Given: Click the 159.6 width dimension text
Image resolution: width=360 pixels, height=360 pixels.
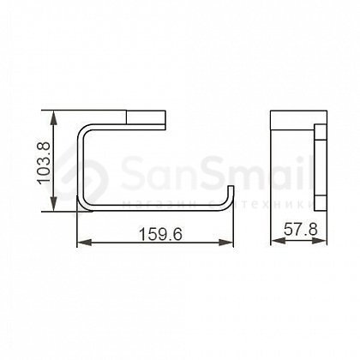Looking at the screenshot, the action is pyautogui.click(x=160, y=234).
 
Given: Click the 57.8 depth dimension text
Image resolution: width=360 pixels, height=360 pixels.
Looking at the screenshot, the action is pyautogui.click(x=301, y=230).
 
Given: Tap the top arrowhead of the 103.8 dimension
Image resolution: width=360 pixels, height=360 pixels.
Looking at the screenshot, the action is pyautogui.click(x=53, y=117).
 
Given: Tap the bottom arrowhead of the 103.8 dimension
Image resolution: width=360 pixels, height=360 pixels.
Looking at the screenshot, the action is pyautogui.click(x=53, y=204).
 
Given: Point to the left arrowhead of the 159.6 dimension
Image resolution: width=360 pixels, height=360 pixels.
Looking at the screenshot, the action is pyautogui.click(x=84, y=243).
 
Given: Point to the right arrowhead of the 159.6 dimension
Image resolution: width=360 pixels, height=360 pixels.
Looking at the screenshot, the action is pyautogui.click(x=226, y=243).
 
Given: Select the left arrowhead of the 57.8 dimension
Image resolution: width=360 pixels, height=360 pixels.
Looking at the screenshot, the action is pyautogui.click(x=278, y=241).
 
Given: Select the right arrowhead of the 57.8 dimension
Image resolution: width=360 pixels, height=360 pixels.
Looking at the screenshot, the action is pyautogui.click(x=320, y=241).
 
